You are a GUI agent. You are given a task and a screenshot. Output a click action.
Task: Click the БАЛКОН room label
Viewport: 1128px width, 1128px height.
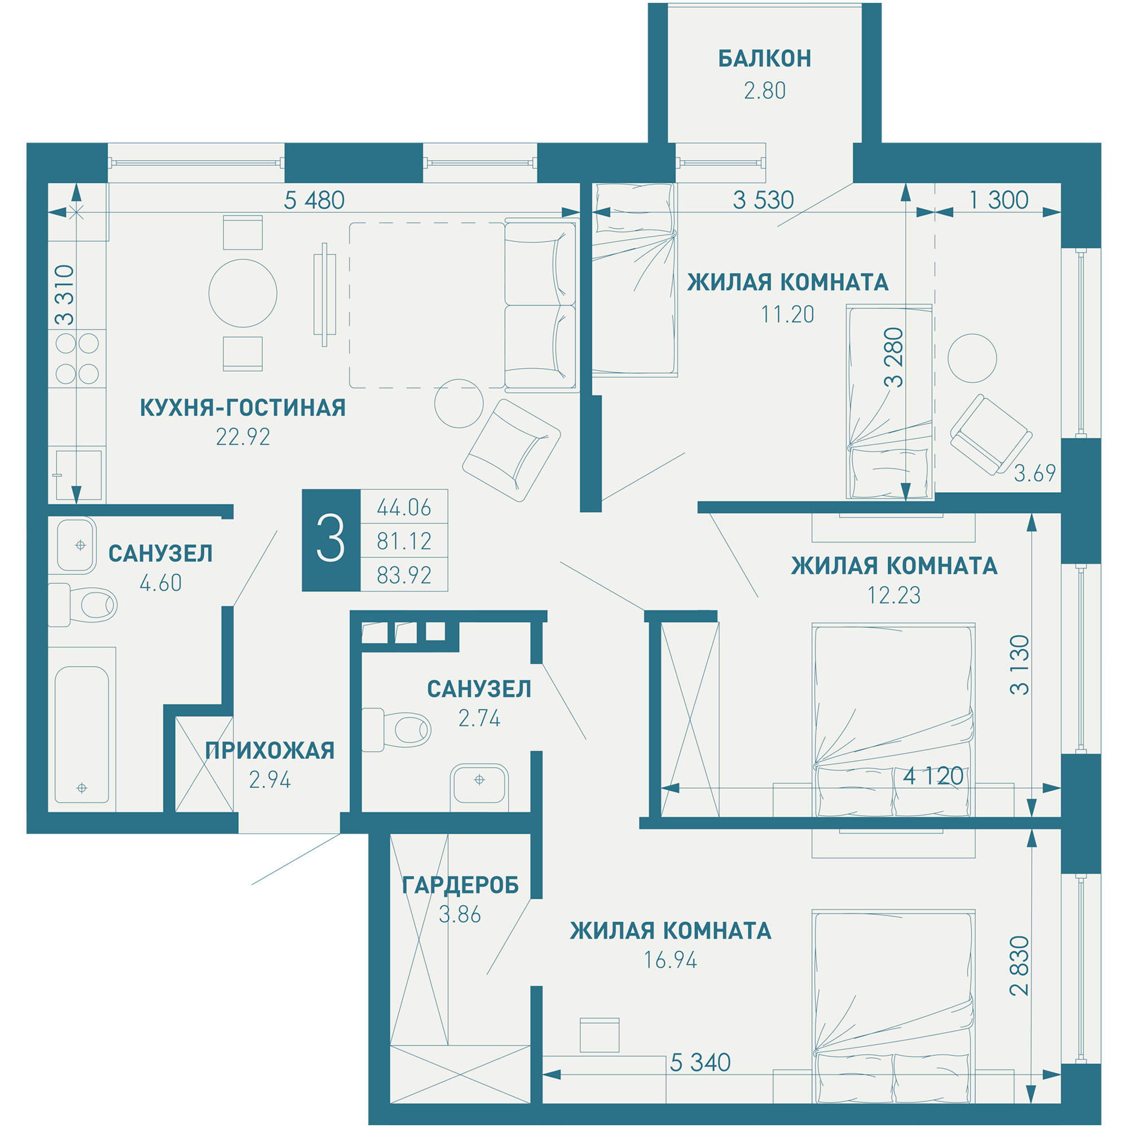pos(764,59)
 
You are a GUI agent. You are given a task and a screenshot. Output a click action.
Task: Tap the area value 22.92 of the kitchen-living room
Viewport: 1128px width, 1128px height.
pos(243,437)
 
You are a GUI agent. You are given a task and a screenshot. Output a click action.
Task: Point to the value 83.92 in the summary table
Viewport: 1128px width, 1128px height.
pos(404,576)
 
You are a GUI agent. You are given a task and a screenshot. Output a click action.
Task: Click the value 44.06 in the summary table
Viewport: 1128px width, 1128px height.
pos(404,508)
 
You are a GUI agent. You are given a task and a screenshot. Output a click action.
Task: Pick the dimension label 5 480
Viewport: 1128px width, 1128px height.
pos(314,200)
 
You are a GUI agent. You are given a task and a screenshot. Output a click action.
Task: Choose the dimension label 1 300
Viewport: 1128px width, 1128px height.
pos(999,200)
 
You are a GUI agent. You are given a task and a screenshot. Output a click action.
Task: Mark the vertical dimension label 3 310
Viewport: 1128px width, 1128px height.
pos(65,295)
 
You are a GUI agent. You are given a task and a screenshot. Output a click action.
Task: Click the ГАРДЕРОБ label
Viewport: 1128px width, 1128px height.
pos(460,885)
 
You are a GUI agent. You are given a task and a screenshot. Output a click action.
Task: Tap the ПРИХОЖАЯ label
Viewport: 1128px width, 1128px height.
pos(270,750)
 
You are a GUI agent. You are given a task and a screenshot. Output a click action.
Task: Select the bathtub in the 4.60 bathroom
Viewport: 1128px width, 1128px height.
pos(82,734)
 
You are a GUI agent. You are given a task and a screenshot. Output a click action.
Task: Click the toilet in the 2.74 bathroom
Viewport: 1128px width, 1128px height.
pos(396,730)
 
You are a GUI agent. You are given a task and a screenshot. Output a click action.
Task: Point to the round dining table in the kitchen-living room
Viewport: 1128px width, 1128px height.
pos(243,293)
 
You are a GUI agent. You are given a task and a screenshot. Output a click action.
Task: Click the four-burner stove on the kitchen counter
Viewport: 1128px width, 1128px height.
pos(77,359)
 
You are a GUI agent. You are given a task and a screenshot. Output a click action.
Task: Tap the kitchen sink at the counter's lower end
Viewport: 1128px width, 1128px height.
pos(79,475)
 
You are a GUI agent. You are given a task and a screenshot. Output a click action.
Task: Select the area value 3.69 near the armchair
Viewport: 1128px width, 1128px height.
pos(1034,473)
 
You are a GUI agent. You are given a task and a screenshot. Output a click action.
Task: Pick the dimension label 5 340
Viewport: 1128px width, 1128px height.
pos(700,1063)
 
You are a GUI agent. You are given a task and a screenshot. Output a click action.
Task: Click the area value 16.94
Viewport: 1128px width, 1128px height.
pos(670,960)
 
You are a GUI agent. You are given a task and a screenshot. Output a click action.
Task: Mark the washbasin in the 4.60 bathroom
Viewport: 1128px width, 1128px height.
pos(76,545)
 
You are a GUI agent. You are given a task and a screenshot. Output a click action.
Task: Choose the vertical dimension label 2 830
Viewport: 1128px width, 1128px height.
pos(1019,966)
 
